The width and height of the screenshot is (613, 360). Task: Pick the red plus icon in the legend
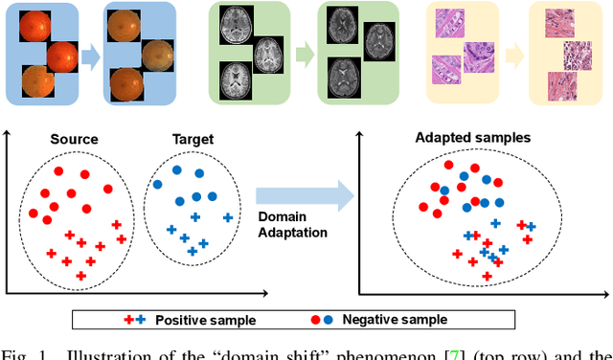(x=129, y=320)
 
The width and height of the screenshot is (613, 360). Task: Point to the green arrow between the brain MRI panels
(x=304, y=52)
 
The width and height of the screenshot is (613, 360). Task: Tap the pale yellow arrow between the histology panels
(x=512, y=52)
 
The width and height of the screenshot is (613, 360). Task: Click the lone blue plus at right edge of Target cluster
(x=227, y=217)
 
